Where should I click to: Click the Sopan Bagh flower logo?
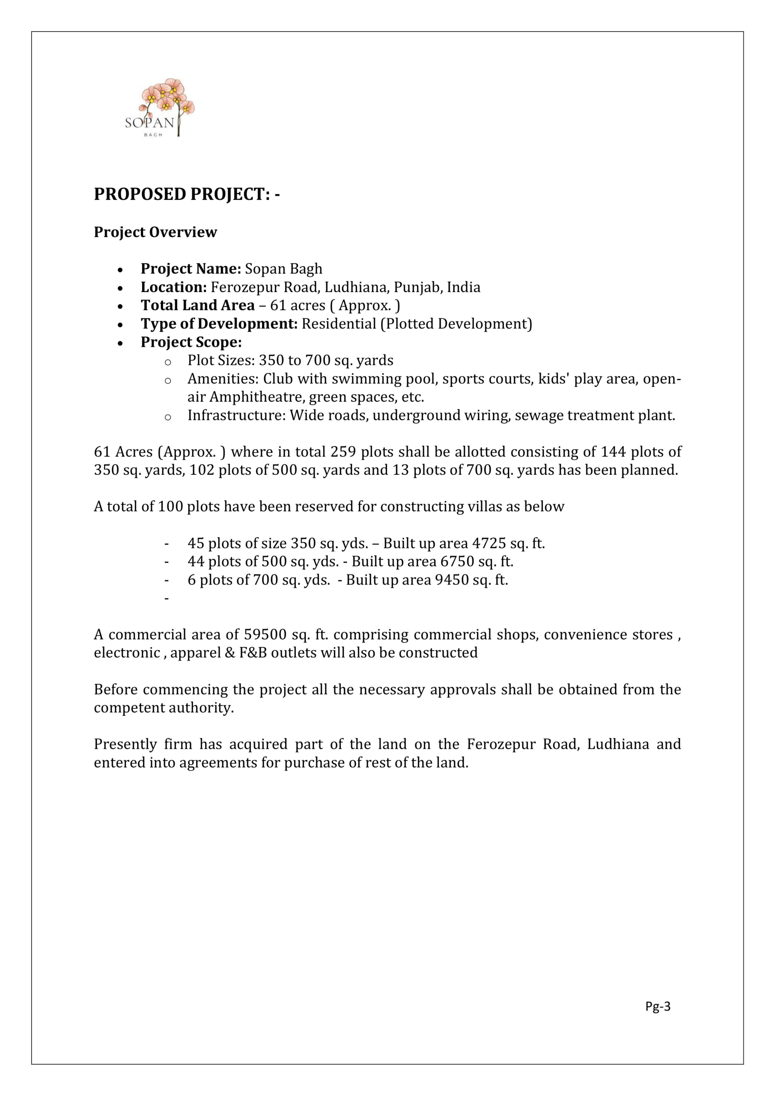click(160, 108)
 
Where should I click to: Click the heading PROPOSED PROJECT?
click(186, 194)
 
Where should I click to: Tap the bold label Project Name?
click(191, 269)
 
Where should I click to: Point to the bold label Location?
click(173, 287)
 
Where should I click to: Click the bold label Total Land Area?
click(197, 306)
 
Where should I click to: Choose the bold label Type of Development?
click(219, 324)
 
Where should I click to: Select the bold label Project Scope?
click(191, 342)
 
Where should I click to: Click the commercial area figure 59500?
click(265, 635)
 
